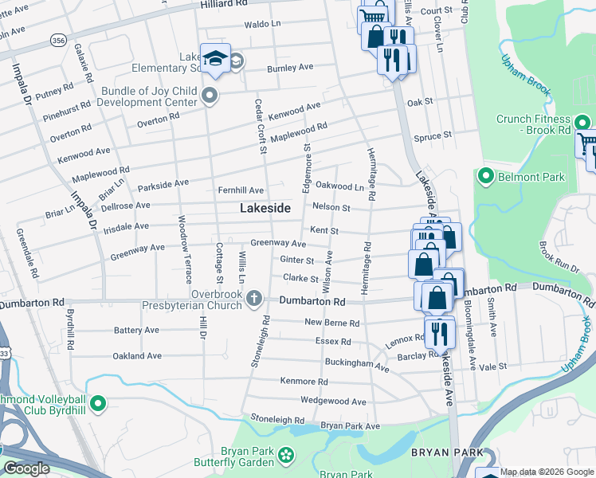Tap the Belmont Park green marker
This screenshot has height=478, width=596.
point(484,174)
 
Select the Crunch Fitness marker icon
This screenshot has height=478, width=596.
point(583,123)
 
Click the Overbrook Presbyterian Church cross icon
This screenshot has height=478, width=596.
point(253,299)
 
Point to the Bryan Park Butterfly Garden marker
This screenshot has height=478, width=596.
point(285,455)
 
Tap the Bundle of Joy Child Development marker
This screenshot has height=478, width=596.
point(210,96)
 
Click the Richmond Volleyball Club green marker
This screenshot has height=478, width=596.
point(99,404)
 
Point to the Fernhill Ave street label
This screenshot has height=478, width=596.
point(241,190)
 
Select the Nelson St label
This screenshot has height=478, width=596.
point(331,207)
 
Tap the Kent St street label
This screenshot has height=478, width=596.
point(324,231)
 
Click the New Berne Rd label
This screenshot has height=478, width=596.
point(332,323)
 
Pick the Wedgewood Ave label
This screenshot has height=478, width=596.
point(332,401)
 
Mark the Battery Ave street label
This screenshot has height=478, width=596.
point(136,330)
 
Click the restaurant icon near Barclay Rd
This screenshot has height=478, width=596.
point(438,331)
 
